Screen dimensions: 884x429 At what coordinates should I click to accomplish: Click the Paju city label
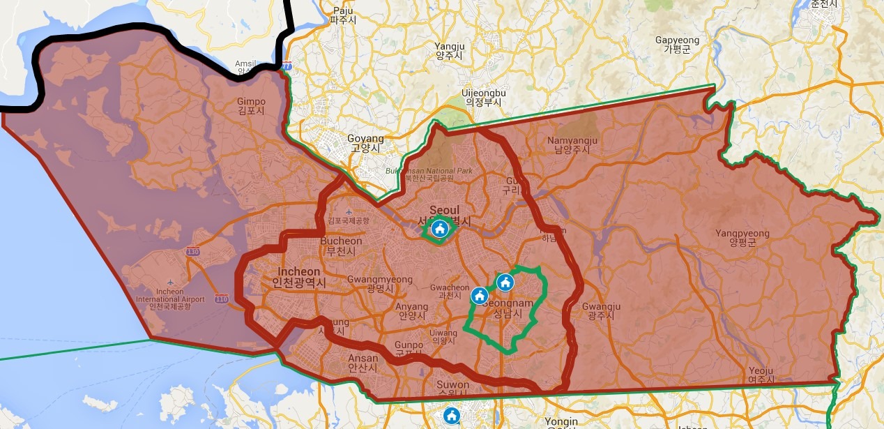[x=343, y=15]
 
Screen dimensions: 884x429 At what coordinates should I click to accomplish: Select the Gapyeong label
[x=676, y=45]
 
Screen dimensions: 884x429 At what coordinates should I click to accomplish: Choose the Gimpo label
[x=251, y=106]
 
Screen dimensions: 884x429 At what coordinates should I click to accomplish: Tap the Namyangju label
[x=572, y=145]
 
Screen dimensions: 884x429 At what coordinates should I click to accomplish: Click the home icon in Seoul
[x=439, y=228]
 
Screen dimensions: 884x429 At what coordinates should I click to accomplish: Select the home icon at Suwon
[x=452, y=416]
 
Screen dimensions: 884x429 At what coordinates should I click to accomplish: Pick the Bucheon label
[x=341, y=246]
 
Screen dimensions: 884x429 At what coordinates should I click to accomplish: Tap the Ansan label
[x=363, y=363]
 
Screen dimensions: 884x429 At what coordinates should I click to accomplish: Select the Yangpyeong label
[x=742, y=238]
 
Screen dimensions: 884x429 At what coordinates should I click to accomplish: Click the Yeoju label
[x=761, y=375]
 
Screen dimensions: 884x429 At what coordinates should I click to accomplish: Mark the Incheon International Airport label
[x=170, y=299]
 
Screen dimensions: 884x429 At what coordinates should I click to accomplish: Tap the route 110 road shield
[x=222, y=299]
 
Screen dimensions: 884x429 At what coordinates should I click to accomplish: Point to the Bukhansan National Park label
[x=429, y=174]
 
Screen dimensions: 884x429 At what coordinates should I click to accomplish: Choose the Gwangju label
[x=600, y=311]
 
